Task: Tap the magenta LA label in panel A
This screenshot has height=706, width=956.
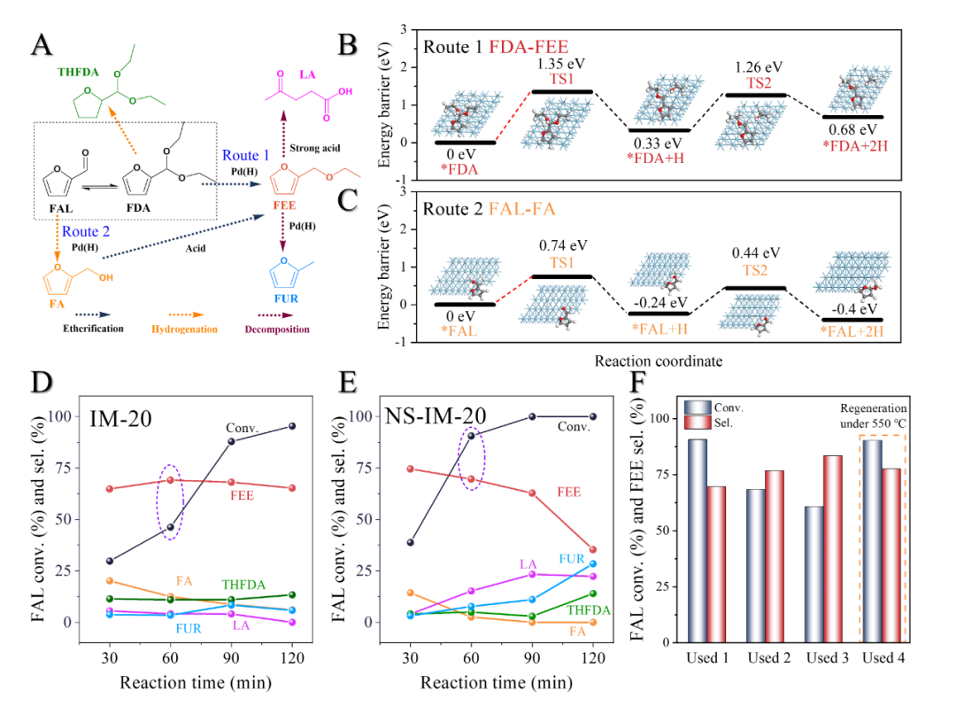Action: [307, 75]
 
